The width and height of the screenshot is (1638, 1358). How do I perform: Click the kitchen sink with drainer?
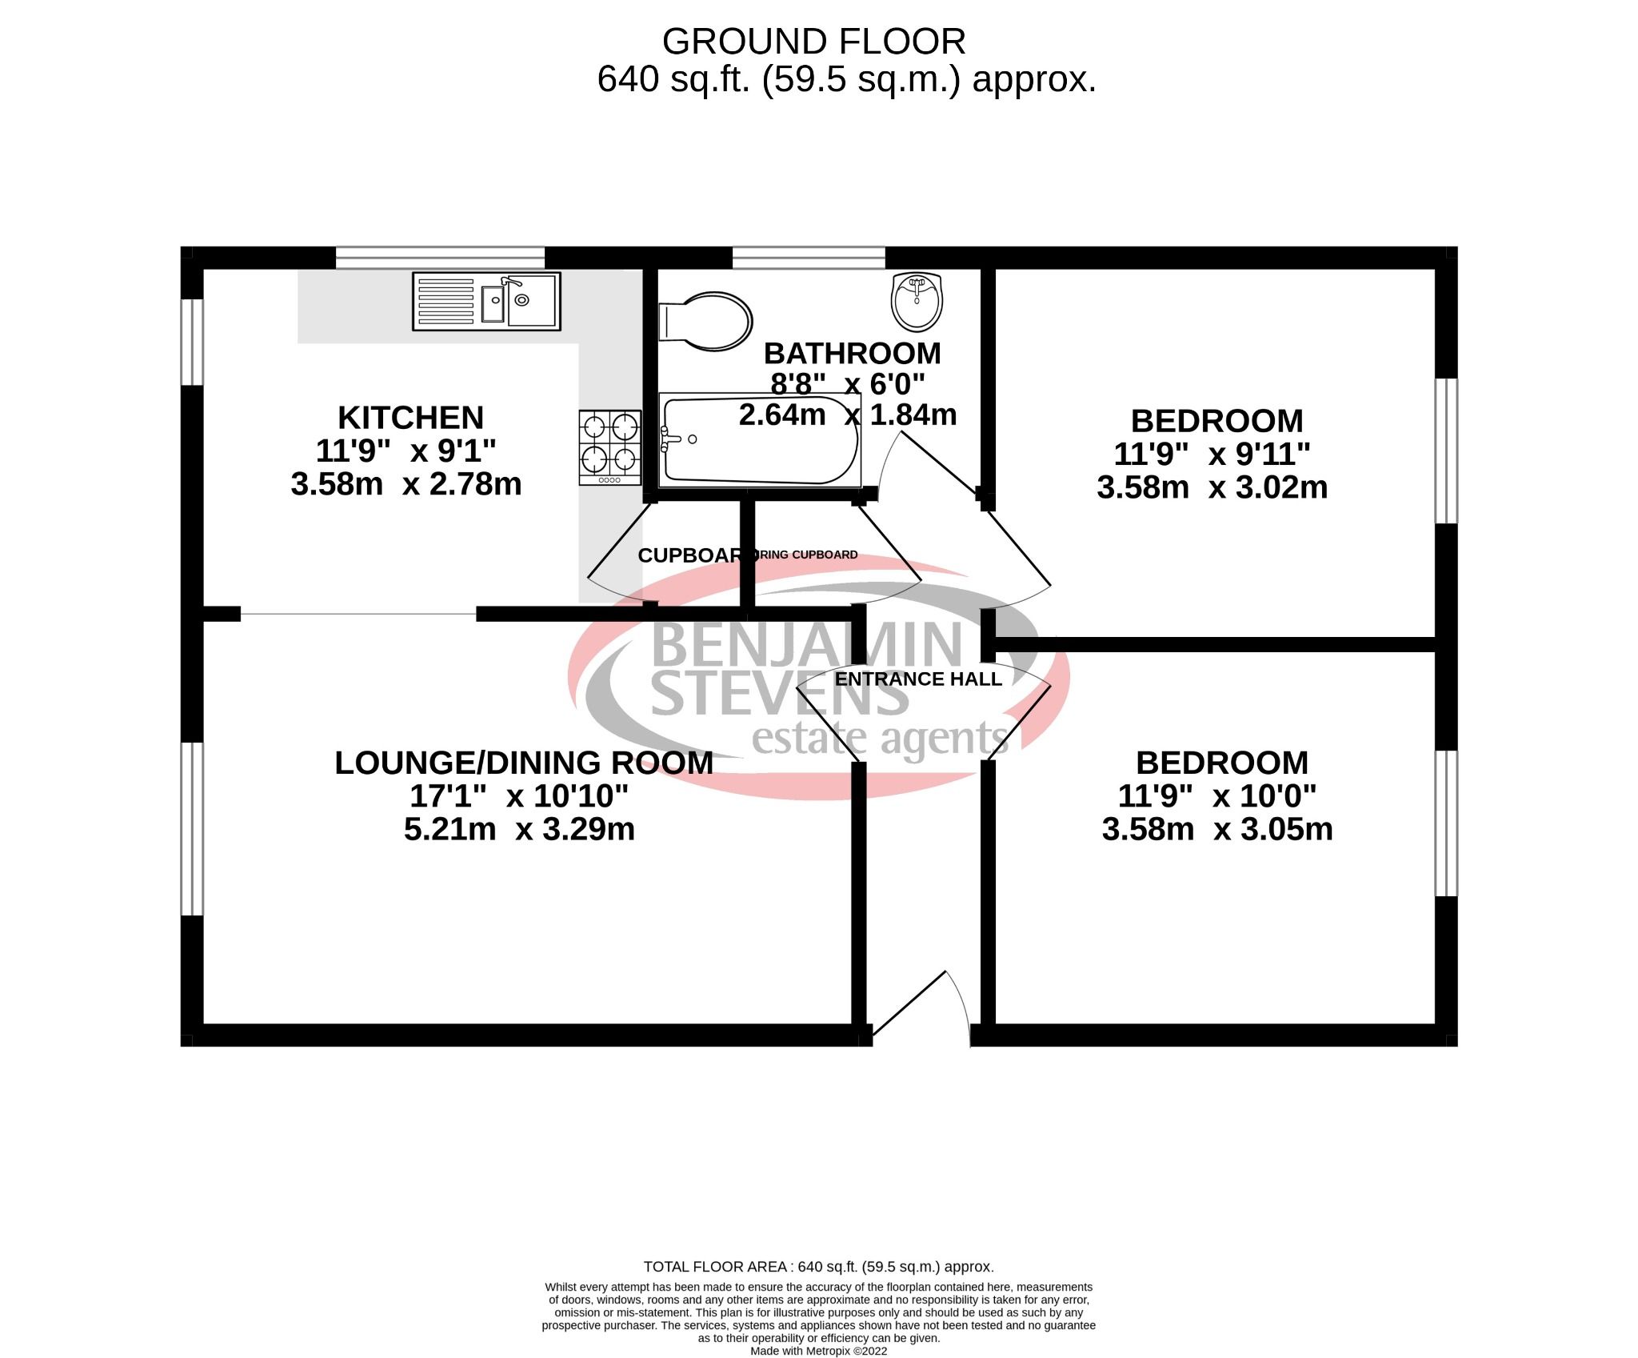coord(486,301)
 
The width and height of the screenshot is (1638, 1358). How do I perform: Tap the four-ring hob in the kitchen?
coord(609,447)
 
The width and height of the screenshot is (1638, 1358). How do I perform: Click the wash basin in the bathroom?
coord(917,301)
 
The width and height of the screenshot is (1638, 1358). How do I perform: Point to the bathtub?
coord(760,439)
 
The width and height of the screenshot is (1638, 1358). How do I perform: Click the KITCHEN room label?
coord(410,418)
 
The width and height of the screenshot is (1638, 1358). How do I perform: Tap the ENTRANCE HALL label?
coord(917,679)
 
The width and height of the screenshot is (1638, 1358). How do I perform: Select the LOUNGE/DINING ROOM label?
coord(524,763)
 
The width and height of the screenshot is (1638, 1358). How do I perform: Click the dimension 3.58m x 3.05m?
coord(1217,830)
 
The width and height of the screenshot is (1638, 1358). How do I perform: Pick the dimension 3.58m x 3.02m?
coord(1212,487)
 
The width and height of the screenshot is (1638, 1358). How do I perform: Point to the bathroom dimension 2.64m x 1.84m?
coord(848,415)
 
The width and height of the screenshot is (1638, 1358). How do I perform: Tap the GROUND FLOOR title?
coord(813,42)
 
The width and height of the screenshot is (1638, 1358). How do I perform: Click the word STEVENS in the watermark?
coord(780,695)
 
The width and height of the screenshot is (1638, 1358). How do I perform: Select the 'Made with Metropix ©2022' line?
coord(818,1351)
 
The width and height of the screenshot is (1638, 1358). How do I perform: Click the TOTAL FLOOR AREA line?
coord(818,1289)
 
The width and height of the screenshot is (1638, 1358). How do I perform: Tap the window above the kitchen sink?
coord(440,258)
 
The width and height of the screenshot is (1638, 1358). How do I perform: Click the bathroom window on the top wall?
coord(809,258)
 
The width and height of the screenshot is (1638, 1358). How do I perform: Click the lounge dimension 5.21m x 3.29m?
coord(519,829)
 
